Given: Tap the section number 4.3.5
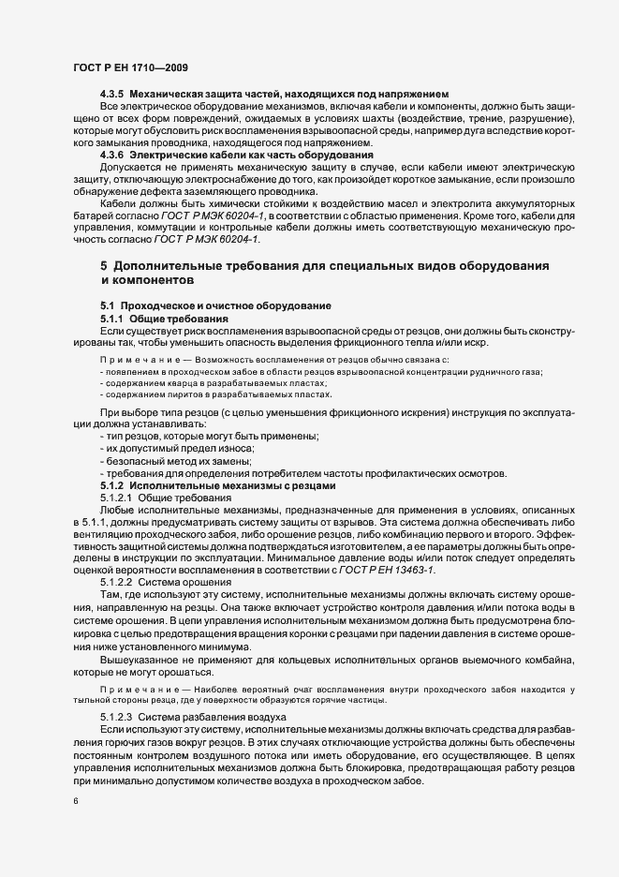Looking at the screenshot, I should point(113,95).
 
